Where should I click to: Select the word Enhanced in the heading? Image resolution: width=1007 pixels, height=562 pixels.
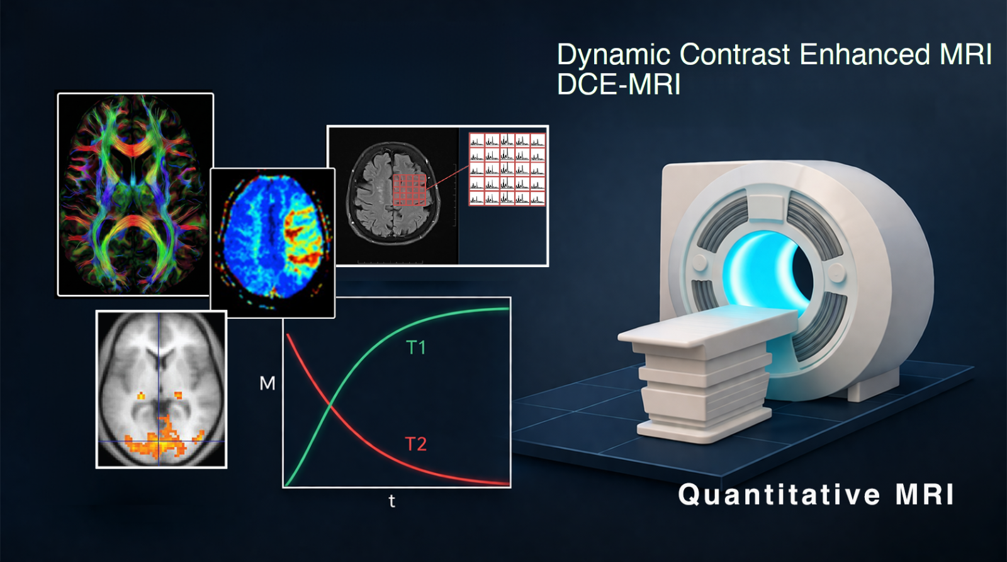coord(865,54)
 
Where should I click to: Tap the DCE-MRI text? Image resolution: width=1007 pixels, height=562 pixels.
coord(619,84)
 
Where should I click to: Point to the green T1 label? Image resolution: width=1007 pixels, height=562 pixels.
coord(416,347)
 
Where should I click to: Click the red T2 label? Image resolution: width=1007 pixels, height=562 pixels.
coord(416,444)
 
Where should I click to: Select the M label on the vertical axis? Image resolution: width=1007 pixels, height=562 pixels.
coord(267,383)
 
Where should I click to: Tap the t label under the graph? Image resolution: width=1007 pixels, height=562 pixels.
coord(392,501)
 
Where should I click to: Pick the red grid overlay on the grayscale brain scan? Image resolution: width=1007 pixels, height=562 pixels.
coord(409,190)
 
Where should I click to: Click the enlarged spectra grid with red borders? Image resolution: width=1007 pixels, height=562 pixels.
coord(507,169)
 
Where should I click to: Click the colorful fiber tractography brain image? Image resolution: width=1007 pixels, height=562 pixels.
coord(135,195)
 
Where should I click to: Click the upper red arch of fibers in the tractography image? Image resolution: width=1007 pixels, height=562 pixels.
coord(135,145)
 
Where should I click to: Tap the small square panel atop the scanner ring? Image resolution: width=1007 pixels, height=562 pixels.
coord(768,208)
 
